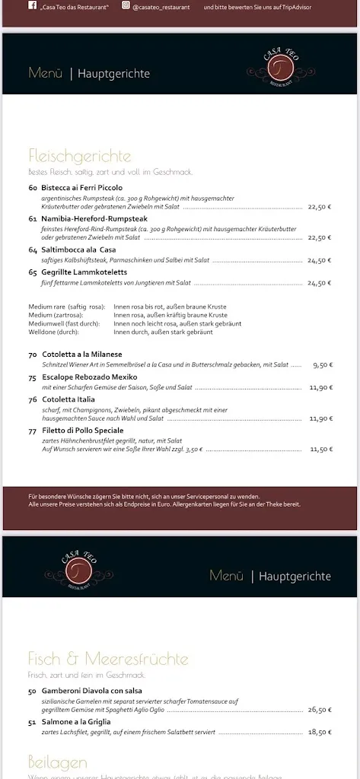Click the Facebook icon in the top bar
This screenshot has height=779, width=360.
coord(33,5)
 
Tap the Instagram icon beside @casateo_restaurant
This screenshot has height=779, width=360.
coord(126,5)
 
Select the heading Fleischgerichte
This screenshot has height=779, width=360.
coord(80,157)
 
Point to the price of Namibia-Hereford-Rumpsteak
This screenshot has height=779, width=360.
coord(319,237)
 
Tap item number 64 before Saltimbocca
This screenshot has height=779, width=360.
coord(33,250)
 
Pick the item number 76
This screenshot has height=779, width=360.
coord(33,399)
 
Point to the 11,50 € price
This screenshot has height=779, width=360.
coord(320,449)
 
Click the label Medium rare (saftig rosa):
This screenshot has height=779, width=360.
coord(67,307)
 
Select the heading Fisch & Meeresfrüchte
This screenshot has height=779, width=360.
coord(108,659)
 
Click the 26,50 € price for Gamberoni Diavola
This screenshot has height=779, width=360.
coord(320,710)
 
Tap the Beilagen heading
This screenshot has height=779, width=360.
coord(58,762)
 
